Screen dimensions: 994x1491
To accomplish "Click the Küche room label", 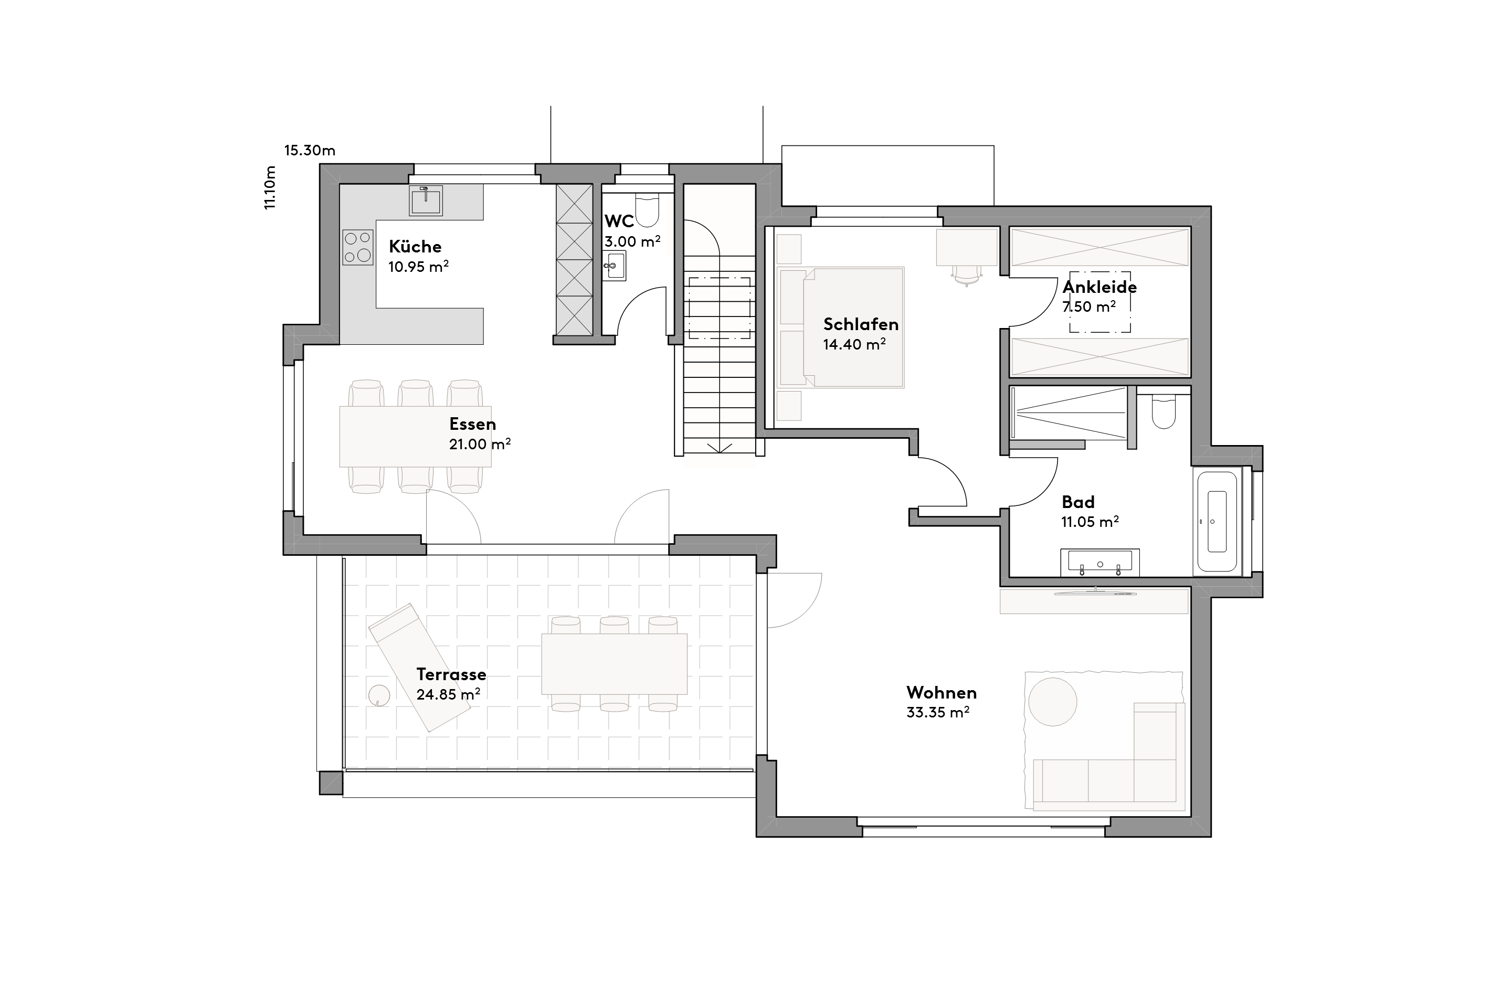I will (415, 247).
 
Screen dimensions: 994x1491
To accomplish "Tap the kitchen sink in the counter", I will (426, 201).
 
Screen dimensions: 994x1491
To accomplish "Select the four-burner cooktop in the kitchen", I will (357, 247).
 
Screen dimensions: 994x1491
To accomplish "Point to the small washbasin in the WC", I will (614, 265).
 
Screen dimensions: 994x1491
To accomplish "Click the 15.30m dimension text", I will (309, 151).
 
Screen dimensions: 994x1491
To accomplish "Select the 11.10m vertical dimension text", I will (270, 188).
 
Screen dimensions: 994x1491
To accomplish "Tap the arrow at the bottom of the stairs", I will (719, 448).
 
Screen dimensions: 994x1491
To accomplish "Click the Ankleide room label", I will (1099, 287).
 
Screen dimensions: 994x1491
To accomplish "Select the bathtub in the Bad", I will (1216, 521).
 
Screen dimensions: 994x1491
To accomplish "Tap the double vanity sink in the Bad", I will (1099, 562).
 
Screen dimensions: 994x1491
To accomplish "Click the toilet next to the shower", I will (1164, 412).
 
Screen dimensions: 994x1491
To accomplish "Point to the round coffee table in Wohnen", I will (1052, 702).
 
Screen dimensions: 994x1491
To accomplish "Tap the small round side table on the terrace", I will (379, 695).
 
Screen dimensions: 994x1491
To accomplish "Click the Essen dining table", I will (415, 436).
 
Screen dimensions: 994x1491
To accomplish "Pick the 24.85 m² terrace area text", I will (448, 695).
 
